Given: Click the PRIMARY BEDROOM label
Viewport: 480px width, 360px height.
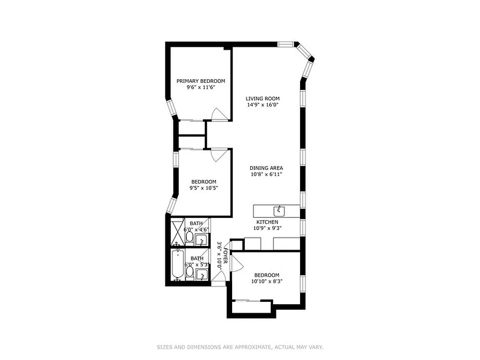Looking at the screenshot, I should pos(201,81).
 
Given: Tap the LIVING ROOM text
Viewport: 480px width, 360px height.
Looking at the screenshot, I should pos(263,99).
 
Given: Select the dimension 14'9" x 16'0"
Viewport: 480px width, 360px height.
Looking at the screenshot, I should pos(263,105).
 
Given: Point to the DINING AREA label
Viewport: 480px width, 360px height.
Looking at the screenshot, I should pos(266,168).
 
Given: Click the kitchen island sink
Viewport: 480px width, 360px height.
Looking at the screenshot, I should pos(279,210).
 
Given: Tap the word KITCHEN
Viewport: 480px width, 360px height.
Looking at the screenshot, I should pos(267,222).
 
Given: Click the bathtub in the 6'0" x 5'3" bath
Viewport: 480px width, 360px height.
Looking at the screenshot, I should pos(177,266).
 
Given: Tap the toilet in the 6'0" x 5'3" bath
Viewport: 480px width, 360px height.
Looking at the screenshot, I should pos(189,272).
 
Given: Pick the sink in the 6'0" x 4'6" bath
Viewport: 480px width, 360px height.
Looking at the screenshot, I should pos(202,240).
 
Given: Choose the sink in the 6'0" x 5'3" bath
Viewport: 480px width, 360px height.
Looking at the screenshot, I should pos(202,274).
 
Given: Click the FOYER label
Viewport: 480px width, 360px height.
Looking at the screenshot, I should pos(226,256).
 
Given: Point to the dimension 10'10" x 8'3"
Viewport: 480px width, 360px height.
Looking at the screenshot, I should pos(267,281).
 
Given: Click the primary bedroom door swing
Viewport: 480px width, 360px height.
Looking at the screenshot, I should pos(218,114).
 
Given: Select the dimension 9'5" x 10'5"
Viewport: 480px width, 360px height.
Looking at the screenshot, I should pos(204,188).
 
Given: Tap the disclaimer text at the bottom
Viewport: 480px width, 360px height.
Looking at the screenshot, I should pos(240,347).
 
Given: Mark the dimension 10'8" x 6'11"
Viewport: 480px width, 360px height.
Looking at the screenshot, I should pos(266,174).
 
